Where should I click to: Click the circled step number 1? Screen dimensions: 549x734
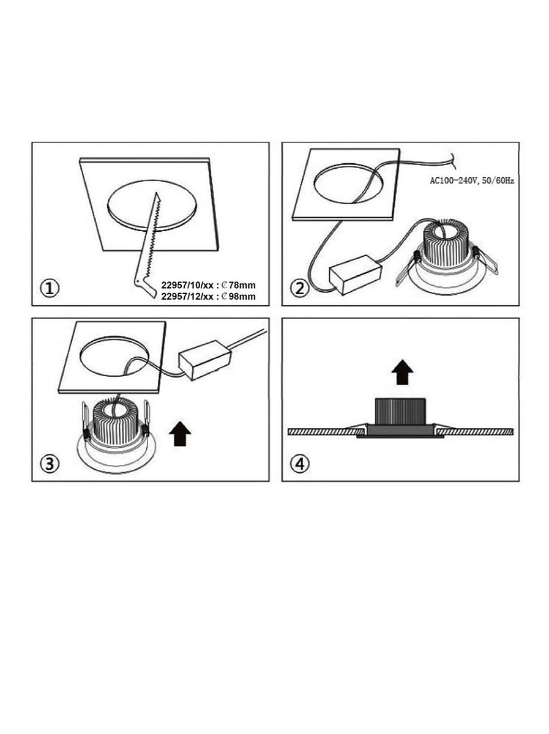point(50,289)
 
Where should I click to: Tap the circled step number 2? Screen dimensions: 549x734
point(299,289)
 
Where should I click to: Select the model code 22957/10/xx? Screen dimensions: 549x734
point(187,285)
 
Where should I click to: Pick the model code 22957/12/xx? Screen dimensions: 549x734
point(187,296)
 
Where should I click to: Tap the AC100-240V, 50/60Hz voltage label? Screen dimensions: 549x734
point(472,181)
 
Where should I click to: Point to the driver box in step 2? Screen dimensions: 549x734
point(356,275)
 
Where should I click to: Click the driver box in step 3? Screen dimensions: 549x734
point(206,360)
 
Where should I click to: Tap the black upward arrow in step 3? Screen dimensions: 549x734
point(180,434)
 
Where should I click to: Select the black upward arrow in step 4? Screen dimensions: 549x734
point(402,372)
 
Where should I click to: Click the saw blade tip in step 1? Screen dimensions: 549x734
point(156,192)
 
